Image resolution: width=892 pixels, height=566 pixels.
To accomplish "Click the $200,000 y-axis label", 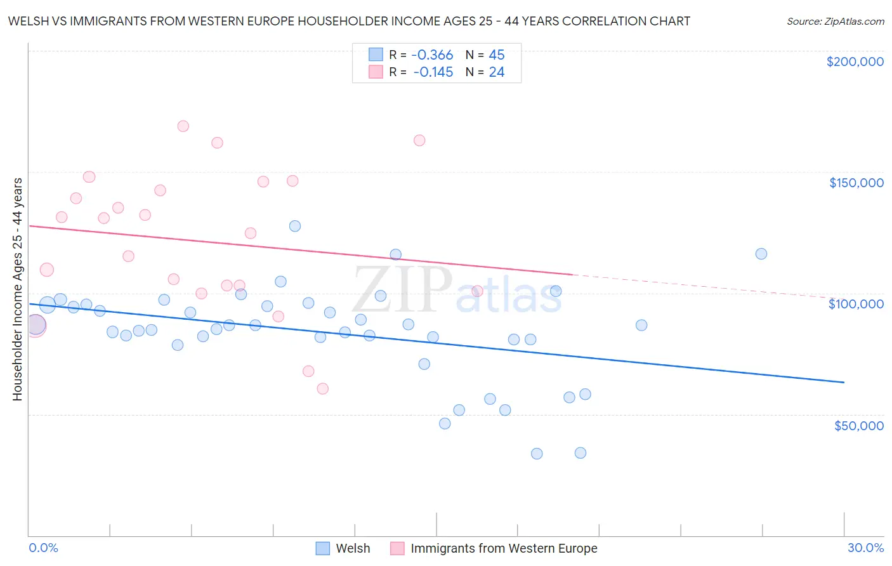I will tap(855, 62).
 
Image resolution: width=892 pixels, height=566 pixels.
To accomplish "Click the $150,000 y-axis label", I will tap(856, 183).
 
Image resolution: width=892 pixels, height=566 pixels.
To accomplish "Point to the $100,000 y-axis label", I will tap(856, 304).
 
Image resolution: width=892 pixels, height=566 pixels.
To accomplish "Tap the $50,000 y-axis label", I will tap(858, 426).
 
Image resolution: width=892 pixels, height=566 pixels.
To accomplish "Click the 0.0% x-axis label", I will tap(43, 548).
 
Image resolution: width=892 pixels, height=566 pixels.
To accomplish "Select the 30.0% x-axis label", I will tap(865, 548).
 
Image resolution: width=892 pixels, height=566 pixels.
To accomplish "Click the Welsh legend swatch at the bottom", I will tap(322, 548).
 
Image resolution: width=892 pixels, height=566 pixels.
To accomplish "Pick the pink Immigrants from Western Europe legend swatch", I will tap(397, 548).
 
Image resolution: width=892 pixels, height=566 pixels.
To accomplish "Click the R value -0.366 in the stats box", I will tap(433, 55).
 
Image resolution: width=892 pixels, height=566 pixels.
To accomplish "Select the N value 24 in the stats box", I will tap(496, 72).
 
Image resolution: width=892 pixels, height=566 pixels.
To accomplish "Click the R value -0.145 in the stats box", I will tap(433, 72).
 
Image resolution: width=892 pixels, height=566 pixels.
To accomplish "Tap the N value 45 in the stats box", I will tap(496, 55).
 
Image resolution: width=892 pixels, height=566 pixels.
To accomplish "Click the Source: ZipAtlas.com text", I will tap(835, 22).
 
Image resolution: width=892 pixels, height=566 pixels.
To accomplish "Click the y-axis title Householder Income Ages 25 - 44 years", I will tap(17, 289).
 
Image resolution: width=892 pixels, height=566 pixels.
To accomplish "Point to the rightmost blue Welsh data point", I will tap(761, 254).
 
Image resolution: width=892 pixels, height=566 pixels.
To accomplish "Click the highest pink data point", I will tap(183, 126).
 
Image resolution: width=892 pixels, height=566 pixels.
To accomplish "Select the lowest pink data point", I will tap(322, 389).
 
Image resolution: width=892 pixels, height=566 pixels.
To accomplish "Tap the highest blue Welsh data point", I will tap(295, 226).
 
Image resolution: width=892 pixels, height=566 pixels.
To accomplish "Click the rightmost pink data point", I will tap(478, 291).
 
